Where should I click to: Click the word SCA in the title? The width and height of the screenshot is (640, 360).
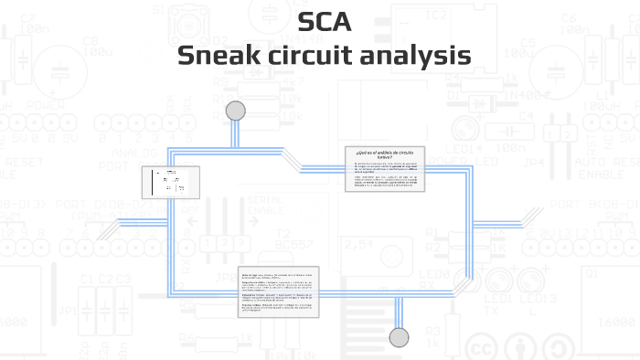click(325, 22)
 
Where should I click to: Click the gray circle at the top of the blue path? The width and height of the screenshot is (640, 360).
click(236, 111)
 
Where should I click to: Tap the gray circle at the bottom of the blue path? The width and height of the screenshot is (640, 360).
click(399, 337)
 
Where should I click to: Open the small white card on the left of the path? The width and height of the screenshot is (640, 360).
click(170, 182)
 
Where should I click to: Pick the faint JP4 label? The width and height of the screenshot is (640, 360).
click(539, 164)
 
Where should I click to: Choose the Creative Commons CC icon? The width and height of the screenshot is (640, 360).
click(481, 347)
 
